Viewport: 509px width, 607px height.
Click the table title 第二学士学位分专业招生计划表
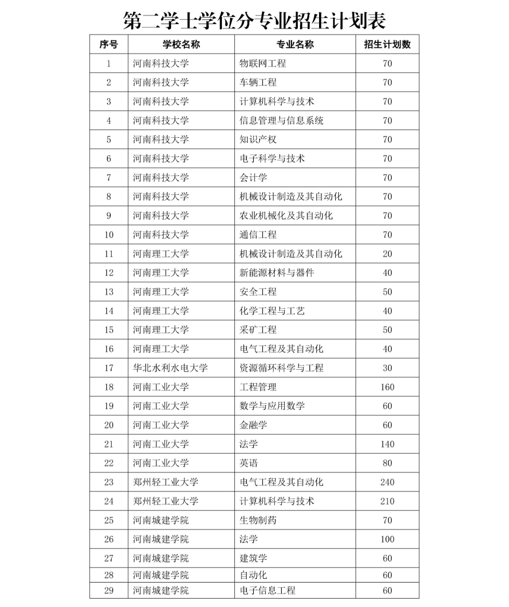tap(254, 20)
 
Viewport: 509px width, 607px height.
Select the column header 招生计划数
tap(387, 44)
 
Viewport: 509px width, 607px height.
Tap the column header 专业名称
tap(295, 44)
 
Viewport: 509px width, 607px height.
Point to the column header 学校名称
tap(181, 44)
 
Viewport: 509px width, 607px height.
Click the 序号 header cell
tap(108, 44)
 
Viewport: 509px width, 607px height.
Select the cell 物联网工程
tap(263, 63)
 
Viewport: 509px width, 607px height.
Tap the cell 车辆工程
tap(258, 83)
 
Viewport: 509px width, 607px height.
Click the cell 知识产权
tap(258, 140)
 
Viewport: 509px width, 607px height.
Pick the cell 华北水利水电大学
tap(170, 368)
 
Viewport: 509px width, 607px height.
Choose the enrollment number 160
tap(387, 387)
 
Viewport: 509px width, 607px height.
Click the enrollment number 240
tap(387, 482)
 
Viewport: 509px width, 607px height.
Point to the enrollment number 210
tap(387, 501)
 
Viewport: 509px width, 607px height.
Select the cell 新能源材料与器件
tap(277, 273)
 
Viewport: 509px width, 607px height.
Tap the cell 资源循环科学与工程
tap(281, 368)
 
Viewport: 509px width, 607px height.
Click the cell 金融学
tap(253, 425)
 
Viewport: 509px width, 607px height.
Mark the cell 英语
tap(248, 463)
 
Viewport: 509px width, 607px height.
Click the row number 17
tap(108, 368)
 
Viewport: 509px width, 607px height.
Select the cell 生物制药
tap(258, 520)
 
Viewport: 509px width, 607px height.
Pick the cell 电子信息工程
tap(267, 590)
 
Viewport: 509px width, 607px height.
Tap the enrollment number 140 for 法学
tap(387, 444)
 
